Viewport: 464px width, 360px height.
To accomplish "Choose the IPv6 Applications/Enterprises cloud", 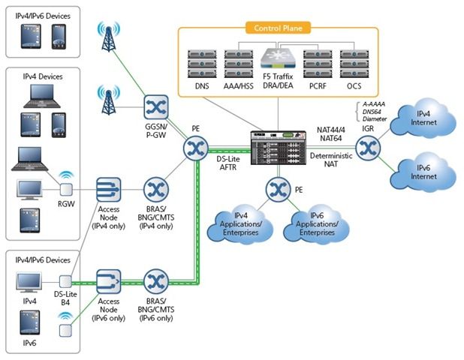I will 316,223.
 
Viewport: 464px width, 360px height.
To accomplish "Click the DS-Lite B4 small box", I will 65,282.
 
